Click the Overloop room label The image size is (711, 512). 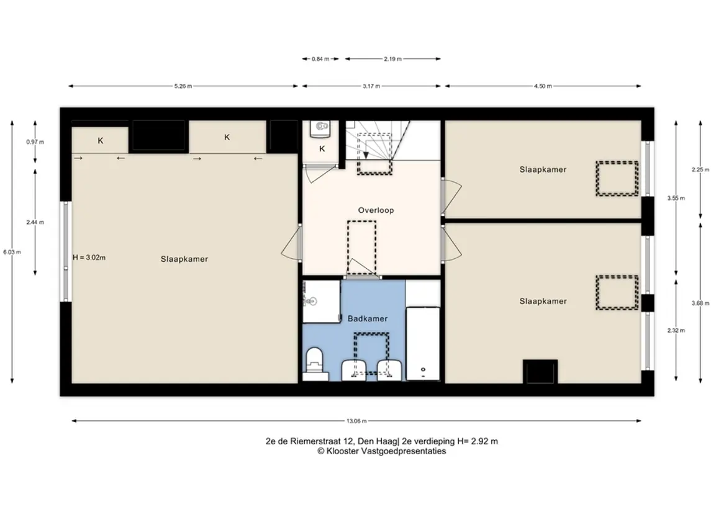(376, 210)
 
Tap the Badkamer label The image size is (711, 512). (367, 318)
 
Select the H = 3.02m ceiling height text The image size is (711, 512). (89, 258)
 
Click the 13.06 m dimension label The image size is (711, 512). (356, 421)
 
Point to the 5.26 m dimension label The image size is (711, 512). (183, 86)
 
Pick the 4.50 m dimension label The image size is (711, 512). (543, 86)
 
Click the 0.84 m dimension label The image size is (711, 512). (320, 59)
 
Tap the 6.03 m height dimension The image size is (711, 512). (12, 252)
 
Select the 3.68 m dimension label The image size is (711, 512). (700, 303)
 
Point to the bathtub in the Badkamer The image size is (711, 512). (423, 344)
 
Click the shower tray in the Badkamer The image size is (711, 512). (322, 302)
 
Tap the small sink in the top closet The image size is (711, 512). (322, 128)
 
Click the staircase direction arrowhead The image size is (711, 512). (366, 155)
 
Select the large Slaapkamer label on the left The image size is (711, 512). (184, 259)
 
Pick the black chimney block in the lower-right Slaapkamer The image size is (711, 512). (540, 372)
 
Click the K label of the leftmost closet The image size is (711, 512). (100, 141)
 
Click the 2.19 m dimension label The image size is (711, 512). (392, 59)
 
